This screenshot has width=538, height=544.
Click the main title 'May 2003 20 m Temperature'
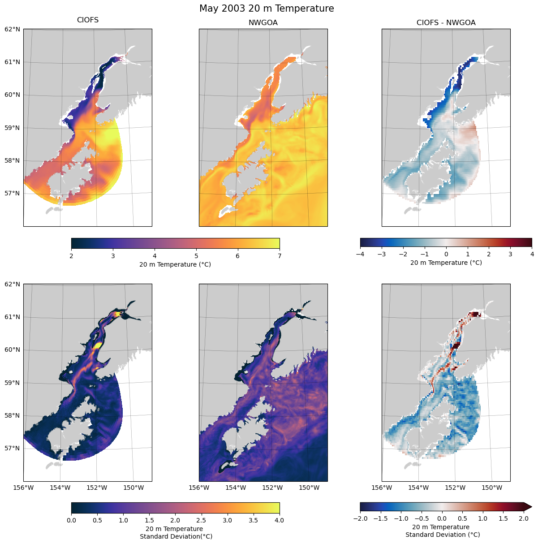(267, 9)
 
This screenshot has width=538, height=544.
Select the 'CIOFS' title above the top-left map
(88, 20)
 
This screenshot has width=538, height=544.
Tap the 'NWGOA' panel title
(263, 23)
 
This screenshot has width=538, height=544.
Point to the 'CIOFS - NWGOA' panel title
(446, 23)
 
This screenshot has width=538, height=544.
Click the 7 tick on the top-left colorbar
(280, 256)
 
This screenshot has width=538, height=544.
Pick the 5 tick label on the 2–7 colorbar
(196, 256)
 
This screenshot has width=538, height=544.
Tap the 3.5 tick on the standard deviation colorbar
(254, 520)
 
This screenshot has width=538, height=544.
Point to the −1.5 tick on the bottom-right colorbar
(380, 518)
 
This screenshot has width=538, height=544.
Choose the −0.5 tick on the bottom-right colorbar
(421, 518)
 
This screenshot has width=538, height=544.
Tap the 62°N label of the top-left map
(12, 29)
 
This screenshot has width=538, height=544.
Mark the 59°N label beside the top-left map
(12, 128)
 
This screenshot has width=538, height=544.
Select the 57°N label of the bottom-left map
(12, 448)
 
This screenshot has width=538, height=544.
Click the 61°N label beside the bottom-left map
(12, 317)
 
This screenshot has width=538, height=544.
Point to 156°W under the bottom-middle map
(199, 488)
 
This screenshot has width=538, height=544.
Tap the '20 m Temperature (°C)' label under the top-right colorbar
(446, 263)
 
